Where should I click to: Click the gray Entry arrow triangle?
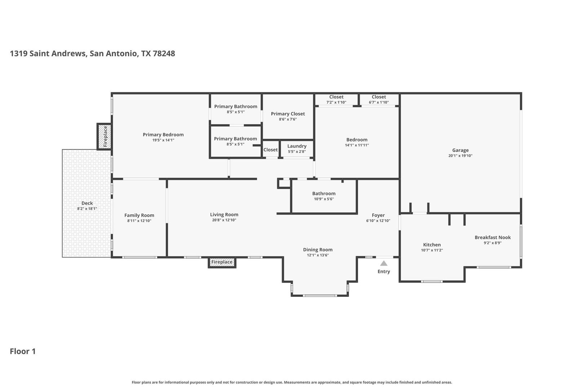tap(384, 263)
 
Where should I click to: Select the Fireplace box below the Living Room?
tap(222, 262)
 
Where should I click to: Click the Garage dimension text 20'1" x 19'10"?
tap(460, 156)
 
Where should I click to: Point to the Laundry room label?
tap(297, 146)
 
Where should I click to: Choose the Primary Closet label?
tap(288, 114)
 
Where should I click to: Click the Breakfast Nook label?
tap(493, 237)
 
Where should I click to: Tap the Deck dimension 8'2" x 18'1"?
tap(87, 209)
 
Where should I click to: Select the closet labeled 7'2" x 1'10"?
tap(336, 99)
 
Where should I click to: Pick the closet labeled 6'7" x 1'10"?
tap(379, 99)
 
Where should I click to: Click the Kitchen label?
tap(432, 244)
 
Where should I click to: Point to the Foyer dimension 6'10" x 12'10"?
tap(378, 221)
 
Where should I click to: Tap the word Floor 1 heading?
tap(23, 351)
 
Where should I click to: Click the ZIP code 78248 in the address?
tap(164, 53)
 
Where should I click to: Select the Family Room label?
tap(139, 215)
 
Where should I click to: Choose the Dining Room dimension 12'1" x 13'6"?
tap(318, 255)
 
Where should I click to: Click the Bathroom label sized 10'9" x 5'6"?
tap(324, 193)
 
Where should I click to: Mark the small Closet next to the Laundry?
tap(271, 149)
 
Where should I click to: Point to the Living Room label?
tap(224, 214)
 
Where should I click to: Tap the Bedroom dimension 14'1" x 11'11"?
tap(357, 145)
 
